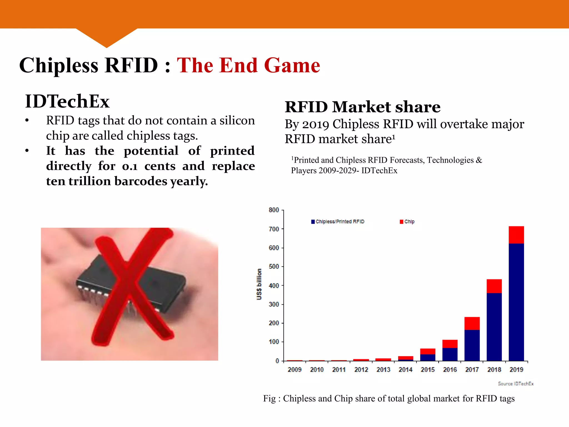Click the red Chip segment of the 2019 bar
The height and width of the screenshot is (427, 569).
pyautogui.click(x=516, y=235)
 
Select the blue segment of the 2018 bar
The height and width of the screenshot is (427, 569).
pyautogui.click(x=494, y=327)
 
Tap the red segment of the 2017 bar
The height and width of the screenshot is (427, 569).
pyautogui.click(x=472, y=323)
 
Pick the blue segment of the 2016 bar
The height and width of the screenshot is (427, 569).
pyautogui.click(x=450, y=354)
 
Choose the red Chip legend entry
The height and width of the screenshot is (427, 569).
pyautogui.click(x=407, y=222)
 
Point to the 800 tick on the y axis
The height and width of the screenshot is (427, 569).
pyautogui.click(x=274, y=210)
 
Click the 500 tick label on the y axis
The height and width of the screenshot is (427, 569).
pyautogui.click(x=274, y=267)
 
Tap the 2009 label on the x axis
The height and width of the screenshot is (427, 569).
pyautogui.click(x=295, y=369)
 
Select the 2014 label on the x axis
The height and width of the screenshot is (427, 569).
pyautogui.click(x=405, y=369)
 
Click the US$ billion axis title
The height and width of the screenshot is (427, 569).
pyautogui.click(x=259, y=284)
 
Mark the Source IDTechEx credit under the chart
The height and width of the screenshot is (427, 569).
pyautogui.click(x=516, y=384)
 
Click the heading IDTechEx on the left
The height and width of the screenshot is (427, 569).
pyautogui.click(x=67, y=101)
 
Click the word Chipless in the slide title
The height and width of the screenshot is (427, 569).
pyautogui.click(x=59, y=66)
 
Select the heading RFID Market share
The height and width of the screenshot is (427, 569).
pyautogui.click(x=363, y=107)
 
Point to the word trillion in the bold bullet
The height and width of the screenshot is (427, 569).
pyautogui.click(x=89, y=181)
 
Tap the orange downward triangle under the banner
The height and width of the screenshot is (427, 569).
pyautogui.click(x=106, y=38)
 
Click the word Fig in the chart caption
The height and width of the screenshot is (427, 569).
pyautogui.click(x=269, y=398)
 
